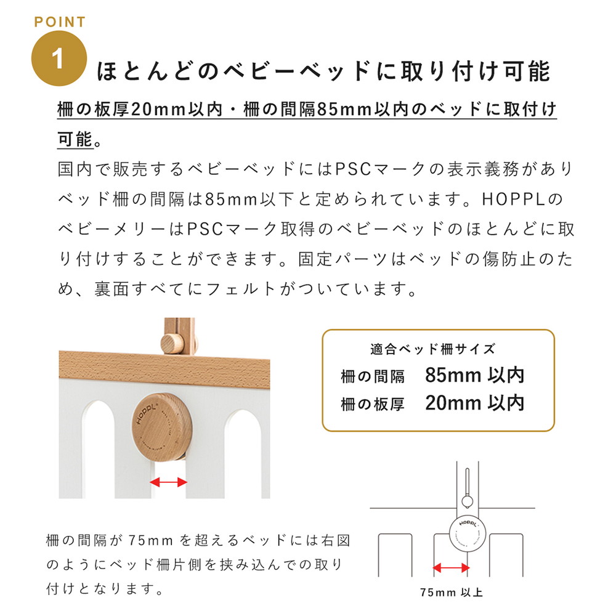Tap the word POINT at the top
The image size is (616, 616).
59,22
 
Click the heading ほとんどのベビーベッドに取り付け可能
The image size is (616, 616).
323,71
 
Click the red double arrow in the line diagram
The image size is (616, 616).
448,568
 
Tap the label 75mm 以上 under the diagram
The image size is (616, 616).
452,594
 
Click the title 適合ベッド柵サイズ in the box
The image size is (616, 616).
432,349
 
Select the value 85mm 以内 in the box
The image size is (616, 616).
474,375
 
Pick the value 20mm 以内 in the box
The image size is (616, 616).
474,403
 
